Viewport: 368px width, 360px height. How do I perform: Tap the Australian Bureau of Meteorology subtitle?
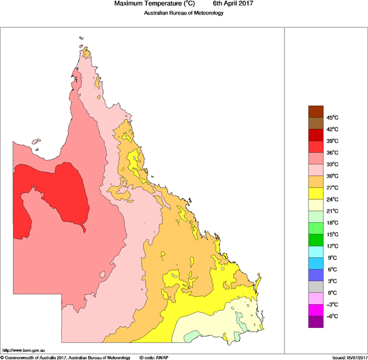click(183, 13)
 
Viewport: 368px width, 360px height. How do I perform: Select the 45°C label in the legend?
click(333, 118)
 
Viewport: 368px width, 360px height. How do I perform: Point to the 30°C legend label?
click(333, 176)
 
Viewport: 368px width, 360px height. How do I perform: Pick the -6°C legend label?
click(333, 316)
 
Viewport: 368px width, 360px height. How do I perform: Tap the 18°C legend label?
click(333, 223)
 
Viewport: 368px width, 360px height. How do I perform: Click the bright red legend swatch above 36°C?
click(316, 147)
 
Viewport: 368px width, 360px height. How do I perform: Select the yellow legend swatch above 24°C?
click(316, 193)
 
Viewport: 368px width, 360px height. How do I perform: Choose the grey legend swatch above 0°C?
click(316, 287)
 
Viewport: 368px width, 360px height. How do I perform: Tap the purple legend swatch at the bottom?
click(316, 322)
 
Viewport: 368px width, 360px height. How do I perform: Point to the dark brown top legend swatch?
click(316, 111)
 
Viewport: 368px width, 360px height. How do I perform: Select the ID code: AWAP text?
click(153, 357)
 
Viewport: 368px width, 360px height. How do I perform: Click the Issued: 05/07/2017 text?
click(349, 357)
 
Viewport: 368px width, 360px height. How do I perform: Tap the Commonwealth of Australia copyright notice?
click(66, 357)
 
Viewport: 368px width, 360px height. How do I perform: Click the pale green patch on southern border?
click(191, 338)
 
